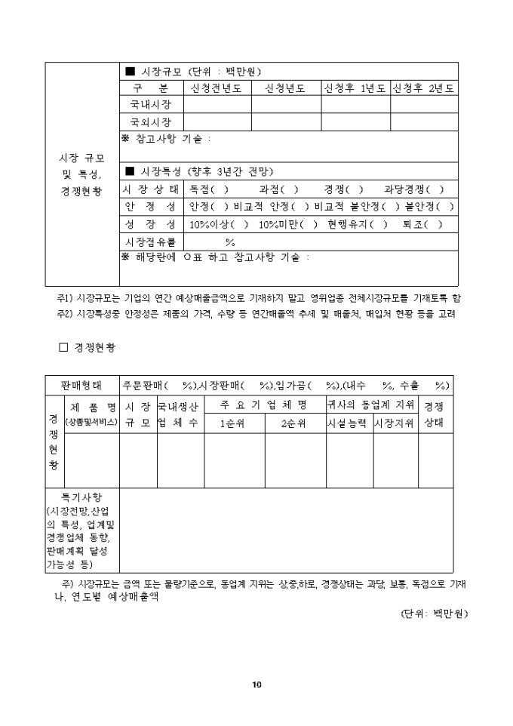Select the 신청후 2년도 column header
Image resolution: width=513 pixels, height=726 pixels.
click(x=422, y=88)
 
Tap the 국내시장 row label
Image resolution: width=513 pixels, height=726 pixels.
click(x=151, y=105)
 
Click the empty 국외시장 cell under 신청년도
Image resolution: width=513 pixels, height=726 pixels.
click(x=286, y=122)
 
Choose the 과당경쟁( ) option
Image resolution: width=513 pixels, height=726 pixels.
click(x=414, y=189)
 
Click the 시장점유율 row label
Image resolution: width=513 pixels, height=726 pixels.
click(x=151, y=241)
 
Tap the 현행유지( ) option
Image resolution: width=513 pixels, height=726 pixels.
click(x=358, y=224)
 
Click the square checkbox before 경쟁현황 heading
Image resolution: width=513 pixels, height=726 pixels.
click(x=63, y=348)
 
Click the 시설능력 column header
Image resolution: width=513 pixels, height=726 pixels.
click(x=347, y=423)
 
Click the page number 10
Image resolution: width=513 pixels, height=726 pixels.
click(x=256, y=685)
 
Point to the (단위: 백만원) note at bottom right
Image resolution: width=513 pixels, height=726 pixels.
click(x=434, y=614)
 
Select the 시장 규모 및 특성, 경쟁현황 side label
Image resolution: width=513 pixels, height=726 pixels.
click(x=82, y=174)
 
